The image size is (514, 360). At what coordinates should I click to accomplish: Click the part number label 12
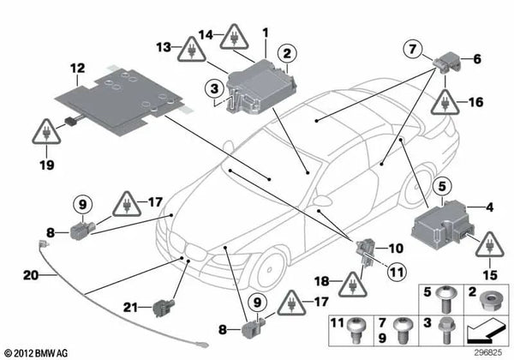tap(77, 67)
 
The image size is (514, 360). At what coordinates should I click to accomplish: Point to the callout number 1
tap(266, 33)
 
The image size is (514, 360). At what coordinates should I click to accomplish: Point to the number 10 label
tap(395, 249)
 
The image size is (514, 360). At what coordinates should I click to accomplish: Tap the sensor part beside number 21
tap(162, 305)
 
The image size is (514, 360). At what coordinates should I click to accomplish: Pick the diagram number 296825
tap(490, 351)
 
